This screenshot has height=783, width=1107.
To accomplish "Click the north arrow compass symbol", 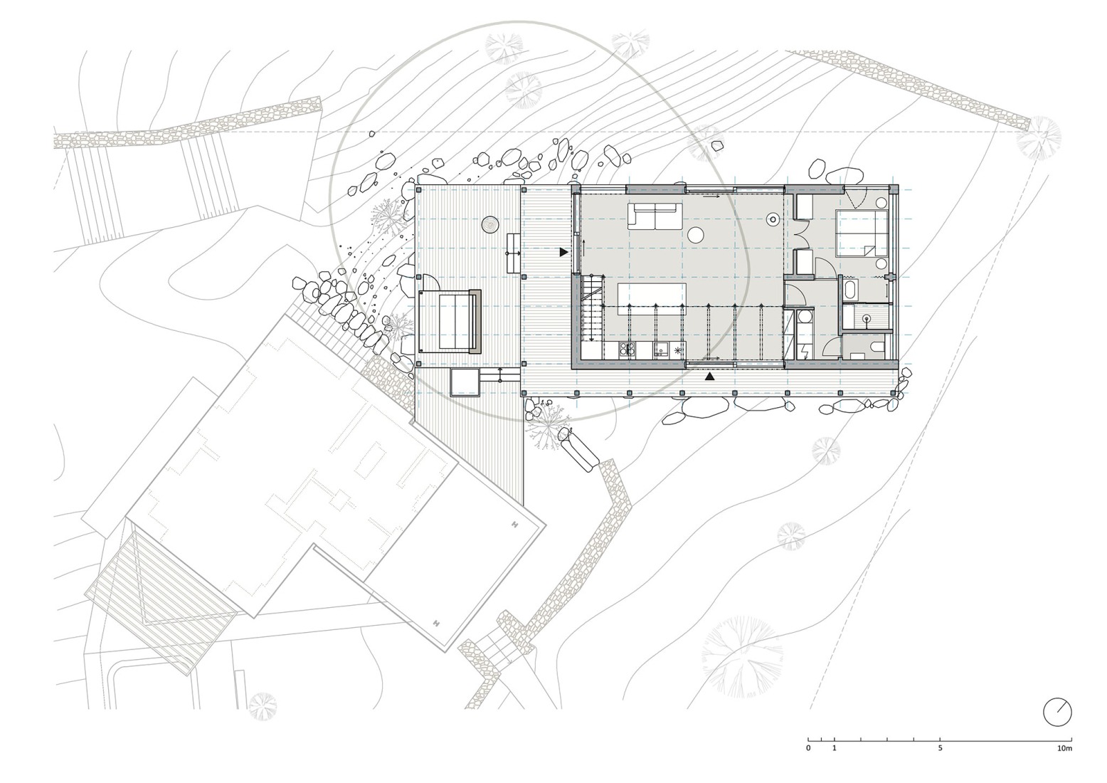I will [1057, 712].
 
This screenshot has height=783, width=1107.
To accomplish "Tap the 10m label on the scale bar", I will [1064, 749].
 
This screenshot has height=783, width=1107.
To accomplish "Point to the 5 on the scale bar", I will [940, 749].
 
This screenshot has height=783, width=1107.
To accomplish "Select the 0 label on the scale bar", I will [808, 749].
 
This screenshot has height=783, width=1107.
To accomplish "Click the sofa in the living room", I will [655, 216].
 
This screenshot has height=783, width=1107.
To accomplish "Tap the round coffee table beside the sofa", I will [696, 234].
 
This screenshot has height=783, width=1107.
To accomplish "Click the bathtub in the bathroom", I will [849, 290].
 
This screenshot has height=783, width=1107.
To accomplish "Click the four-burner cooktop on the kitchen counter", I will [627, 350].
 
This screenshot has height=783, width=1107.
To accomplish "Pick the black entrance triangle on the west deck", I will [563, 252].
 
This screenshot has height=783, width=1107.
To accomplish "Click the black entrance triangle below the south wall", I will [709, 376].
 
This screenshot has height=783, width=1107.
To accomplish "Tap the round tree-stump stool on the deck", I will [490, 225].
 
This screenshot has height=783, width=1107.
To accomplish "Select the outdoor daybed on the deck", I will [450, 321].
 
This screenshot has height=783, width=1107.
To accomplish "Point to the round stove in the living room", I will [772, 221].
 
